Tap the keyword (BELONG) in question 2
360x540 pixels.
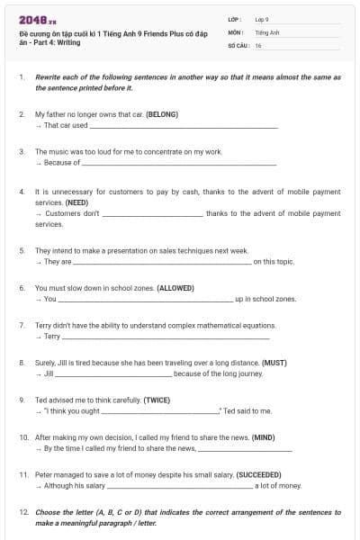click(x=161, y=114)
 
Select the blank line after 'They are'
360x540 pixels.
click(x=161, y=262)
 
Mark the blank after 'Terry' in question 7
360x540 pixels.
click(x=166, y=337)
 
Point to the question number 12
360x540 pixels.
click(x=23, y=511)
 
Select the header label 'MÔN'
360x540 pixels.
click(x=236, y=31)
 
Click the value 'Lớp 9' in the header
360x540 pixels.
click(x=263, y=19)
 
